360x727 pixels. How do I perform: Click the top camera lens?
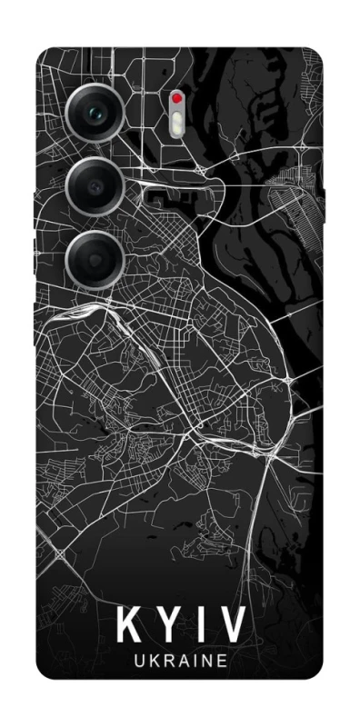(x=95, y=114)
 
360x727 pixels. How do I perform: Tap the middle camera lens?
(x=95, y=185)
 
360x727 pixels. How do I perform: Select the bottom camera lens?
(x=95, y=257)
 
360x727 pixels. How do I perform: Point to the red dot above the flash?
(x=177, y=96)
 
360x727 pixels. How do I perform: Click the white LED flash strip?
(x=177, y=119)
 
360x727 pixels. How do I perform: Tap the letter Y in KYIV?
(x=170, y=626)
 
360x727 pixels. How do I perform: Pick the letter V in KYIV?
(x=232, y=626)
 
